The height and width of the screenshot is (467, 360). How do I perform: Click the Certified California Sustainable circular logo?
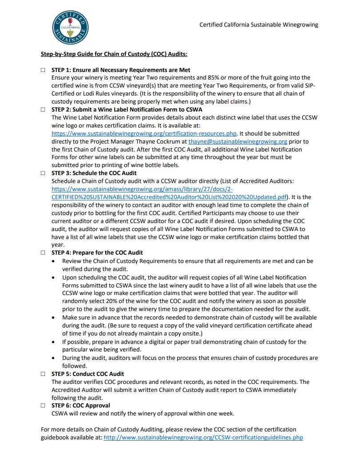pyautogui.click(x=70, y=28)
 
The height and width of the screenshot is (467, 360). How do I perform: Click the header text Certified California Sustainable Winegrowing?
pyautogui.click(x=259, y=25)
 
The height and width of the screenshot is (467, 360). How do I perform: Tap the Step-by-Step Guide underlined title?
pyautogui.click(x=114, y=54)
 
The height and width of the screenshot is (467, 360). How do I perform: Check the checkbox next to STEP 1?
pyautogui.click(x=43, y=70)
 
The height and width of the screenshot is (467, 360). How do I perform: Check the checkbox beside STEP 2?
pyautogui.click(x=43, y=109)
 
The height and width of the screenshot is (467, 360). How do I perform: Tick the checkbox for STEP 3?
pyautogui.click(x=43, y=173)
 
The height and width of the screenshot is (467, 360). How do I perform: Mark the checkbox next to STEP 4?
pyautogui.click(x=43, y=253)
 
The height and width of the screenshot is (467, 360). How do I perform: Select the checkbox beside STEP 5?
pyautogui.click(x=43, y=374)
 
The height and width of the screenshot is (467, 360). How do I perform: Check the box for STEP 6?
pyautogui.click(x=43, y=406)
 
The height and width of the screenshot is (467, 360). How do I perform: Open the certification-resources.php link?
pyautogui.click(x=144, y=133)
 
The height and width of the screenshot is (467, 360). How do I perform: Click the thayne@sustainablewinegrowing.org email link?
pyautogui.click(x=238, y=141)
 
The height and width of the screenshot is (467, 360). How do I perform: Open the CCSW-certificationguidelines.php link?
pyautogui.click(x=203, y=438)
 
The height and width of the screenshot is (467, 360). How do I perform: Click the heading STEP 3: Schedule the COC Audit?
pyautogui.click(x=94, y=173)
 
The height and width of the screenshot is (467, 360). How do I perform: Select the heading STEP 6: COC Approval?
pyautogui.click(x=81, y=405)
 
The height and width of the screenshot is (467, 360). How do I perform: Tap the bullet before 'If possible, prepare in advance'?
pyautogui.click(x=53, y=342)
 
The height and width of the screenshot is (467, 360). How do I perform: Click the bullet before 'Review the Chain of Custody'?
pyautogui.click(x=53, y=261)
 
